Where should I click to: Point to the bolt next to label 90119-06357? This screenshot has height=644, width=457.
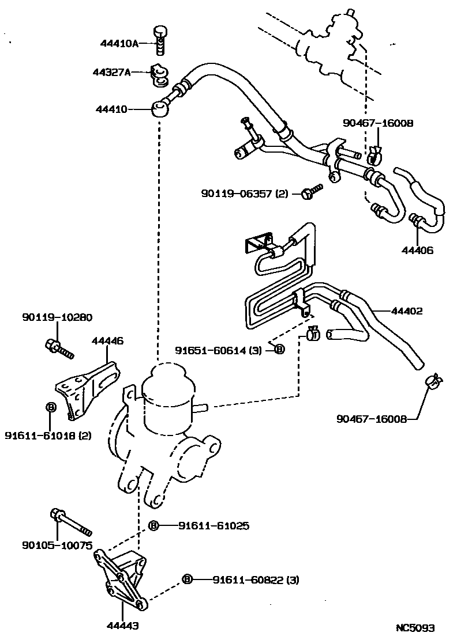[311, 192]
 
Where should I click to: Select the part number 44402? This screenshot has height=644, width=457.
[407, 311]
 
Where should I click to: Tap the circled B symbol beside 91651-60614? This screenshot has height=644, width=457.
[279, 349]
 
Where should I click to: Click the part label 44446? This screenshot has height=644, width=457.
[107, 341]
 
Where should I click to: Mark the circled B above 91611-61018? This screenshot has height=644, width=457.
[50, 407]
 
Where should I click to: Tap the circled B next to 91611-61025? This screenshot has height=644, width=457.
[153, 525]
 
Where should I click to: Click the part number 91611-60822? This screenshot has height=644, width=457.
[247, 579]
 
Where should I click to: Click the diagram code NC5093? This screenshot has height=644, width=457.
[414, 627]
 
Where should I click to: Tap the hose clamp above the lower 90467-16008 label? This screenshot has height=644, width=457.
[432, 381]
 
